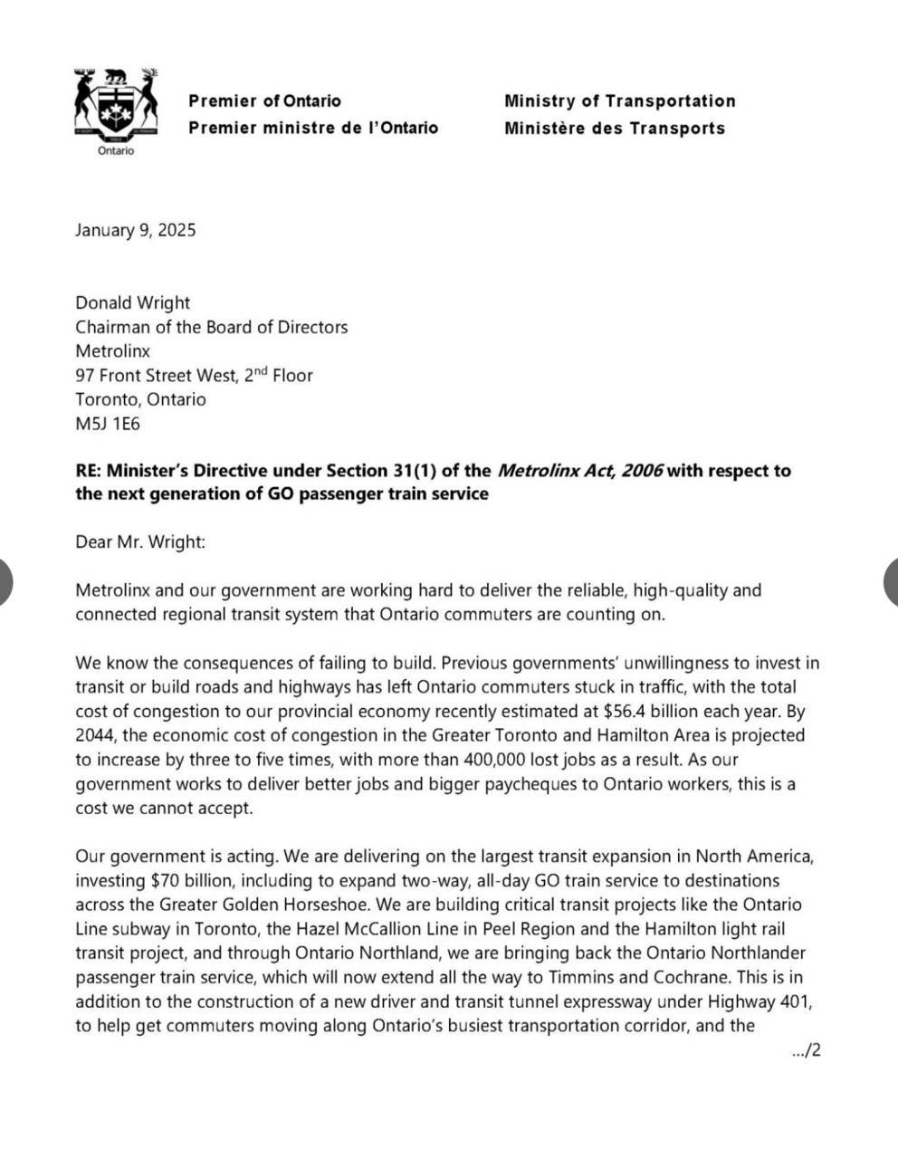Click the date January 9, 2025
pos(135,230)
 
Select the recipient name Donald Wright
pos(132,302)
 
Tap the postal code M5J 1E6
pos(107,423)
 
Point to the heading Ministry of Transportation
pos(619,101)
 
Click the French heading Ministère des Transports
pos(615,129)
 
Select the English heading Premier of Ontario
pos(264,101)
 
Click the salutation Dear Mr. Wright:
pos(140,541)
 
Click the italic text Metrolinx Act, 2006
pos(580,470)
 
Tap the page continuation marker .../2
pos(805,1050)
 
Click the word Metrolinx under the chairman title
pos(112,350)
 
